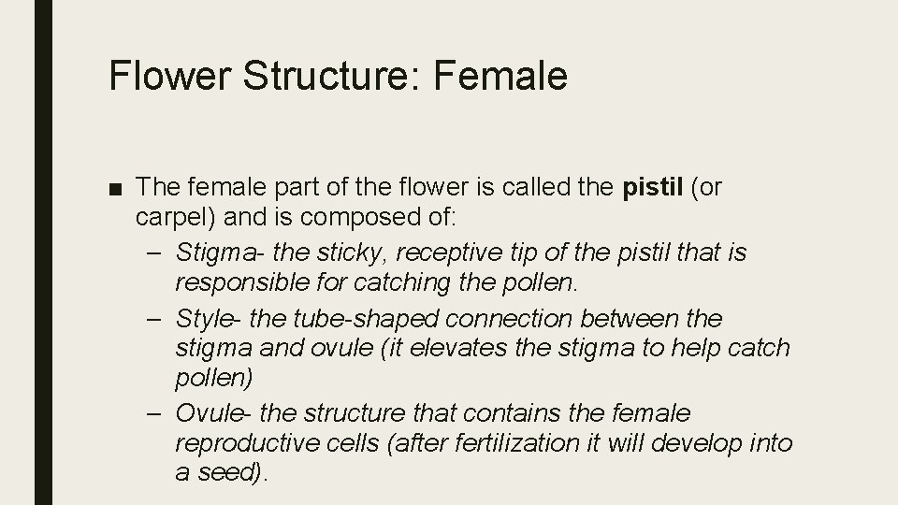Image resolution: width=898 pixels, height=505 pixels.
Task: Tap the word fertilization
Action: point(488,442)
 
